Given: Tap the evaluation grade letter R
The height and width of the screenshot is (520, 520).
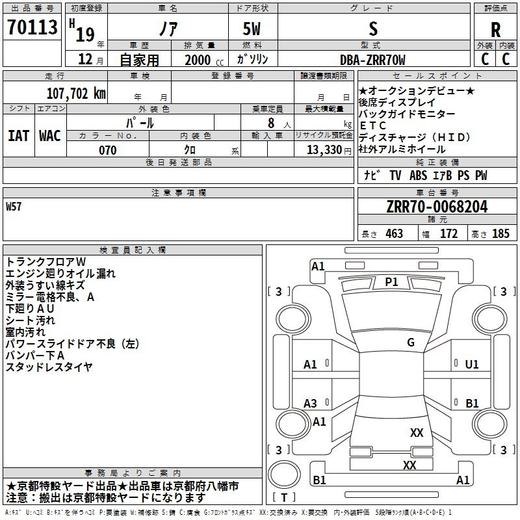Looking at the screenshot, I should click(x=495, y=30).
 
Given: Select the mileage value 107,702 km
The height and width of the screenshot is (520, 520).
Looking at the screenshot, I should click(x=76, y=93).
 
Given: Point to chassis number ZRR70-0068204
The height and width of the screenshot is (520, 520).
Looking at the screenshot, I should click(x=437, y=207).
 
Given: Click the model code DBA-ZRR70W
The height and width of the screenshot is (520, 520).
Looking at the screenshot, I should click(x=372, y=60).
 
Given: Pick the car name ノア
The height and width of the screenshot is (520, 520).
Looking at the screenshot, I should click(x=167, y=29).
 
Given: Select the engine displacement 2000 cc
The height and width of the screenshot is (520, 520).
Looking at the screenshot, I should click(x=198, y=60).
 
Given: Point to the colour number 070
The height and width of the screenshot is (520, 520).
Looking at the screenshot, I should click(x=107, y=150).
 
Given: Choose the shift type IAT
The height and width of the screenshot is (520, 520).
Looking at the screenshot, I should click(x=18, y=135).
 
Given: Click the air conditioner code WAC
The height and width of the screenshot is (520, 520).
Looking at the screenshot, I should click(x=50, y=135).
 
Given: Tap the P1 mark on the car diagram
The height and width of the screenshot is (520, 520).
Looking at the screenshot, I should click(x=391, y=281).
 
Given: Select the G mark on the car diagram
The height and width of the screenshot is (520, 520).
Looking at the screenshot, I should click(x=411, y=343).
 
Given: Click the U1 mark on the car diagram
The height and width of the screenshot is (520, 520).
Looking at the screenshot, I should click(x=472, y=365).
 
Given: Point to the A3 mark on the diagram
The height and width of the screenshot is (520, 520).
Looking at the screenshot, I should click(x=311, y=404).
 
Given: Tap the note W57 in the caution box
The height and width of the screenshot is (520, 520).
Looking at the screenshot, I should click(x=14, y=207).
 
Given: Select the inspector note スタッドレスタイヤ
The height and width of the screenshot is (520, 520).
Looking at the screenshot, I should click(x=49, y=367).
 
